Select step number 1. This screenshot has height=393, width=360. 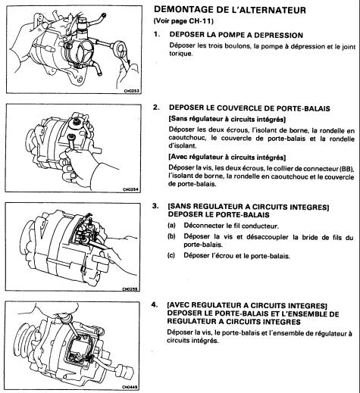(157, 35)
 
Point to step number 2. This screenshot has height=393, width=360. (157, 108)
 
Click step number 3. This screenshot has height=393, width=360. (157, 206)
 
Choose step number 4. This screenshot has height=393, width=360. (157, 302)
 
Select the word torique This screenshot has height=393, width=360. (183, 55)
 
